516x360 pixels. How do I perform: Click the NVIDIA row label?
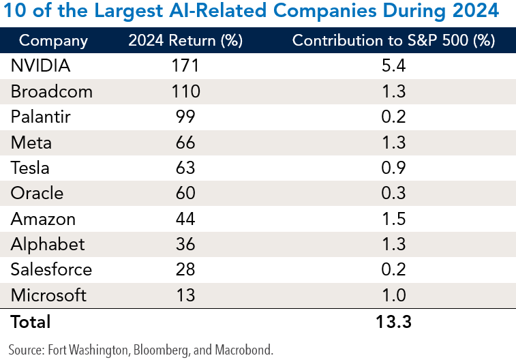[40, 66]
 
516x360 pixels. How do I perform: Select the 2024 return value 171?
[185, 66]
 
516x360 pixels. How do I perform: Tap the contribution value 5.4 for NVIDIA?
[393, 66]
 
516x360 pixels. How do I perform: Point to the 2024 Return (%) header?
[185, 40]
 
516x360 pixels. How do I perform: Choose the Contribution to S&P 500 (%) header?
[393, 40]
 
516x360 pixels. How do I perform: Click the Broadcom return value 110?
[185, 91]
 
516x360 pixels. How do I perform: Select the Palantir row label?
[40, 117]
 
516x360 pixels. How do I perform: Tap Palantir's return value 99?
[185, 117]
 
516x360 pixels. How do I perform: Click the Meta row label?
[31, 142]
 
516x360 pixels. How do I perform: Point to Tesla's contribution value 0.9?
[393, 168]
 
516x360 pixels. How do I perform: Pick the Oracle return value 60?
[185, 194]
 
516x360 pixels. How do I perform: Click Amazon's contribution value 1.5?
[393, 219]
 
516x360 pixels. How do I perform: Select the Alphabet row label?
[48, 244]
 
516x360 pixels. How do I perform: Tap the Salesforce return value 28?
[185, 269]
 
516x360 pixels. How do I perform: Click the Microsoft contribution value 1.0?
[393, 295]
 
